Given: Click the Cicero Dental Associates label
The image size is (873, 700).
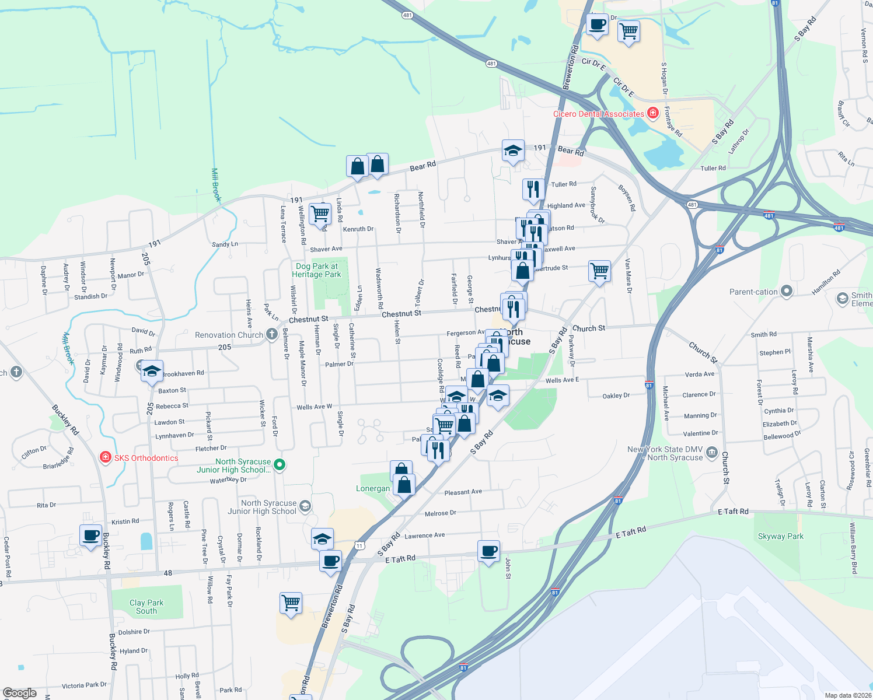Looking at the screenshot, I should [x=598, y=114].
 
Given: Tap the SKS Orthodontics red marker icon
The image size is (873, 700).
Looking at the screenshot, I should [x=106, y=457].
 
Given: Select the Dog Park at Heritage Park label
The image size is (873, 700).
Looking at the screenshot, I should [x=316, y=270].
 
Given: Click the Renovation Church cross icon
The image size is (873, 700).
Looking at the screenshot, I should [x=271, y=334].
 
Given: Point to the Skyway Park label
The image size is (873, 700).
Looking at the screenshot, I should [x=780, y=536].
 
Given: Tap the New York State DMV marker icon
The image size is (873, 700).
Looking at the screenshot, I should [x=711, y=452].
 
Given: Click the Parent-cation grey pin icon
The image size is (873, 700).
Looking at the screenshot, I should [x=787, y=291].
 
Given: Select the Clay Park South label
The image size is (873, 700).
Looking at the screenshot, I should [x=146, y=607].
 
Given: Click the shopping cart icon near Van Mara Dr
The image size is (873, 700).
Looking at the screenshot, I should [x=599, y=271].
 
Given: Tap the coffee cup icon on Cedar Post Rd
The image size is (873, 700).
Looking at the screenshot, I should [x=91, y=535].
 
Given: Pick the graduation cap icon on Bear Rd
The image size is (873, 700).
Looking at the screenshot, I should [x=513, y=150].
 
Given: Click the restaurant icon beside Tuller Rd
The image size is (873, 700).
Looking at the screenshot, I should [x=533, y=188].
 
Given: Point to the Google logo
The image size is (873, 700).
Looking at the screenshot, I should [x=20, y=693].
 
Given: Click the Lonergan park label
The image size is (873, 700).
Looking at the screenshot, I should [x=373, y=489].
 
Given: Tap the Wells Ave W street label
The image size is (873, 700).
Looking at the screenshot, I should [x=314, y=407].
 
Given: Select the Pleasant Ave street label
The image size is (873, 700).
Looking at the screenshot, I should [x=463, y=492].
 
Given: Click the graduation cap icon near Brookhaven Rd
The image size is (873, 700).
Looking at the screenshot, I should [x=152, y=370].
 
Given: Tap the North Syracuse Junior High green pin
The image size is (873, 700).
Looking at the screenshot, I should [x=280, y=465].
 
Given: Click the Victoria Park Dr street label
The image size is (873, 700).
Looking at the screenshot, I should [x=84, y=685].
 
